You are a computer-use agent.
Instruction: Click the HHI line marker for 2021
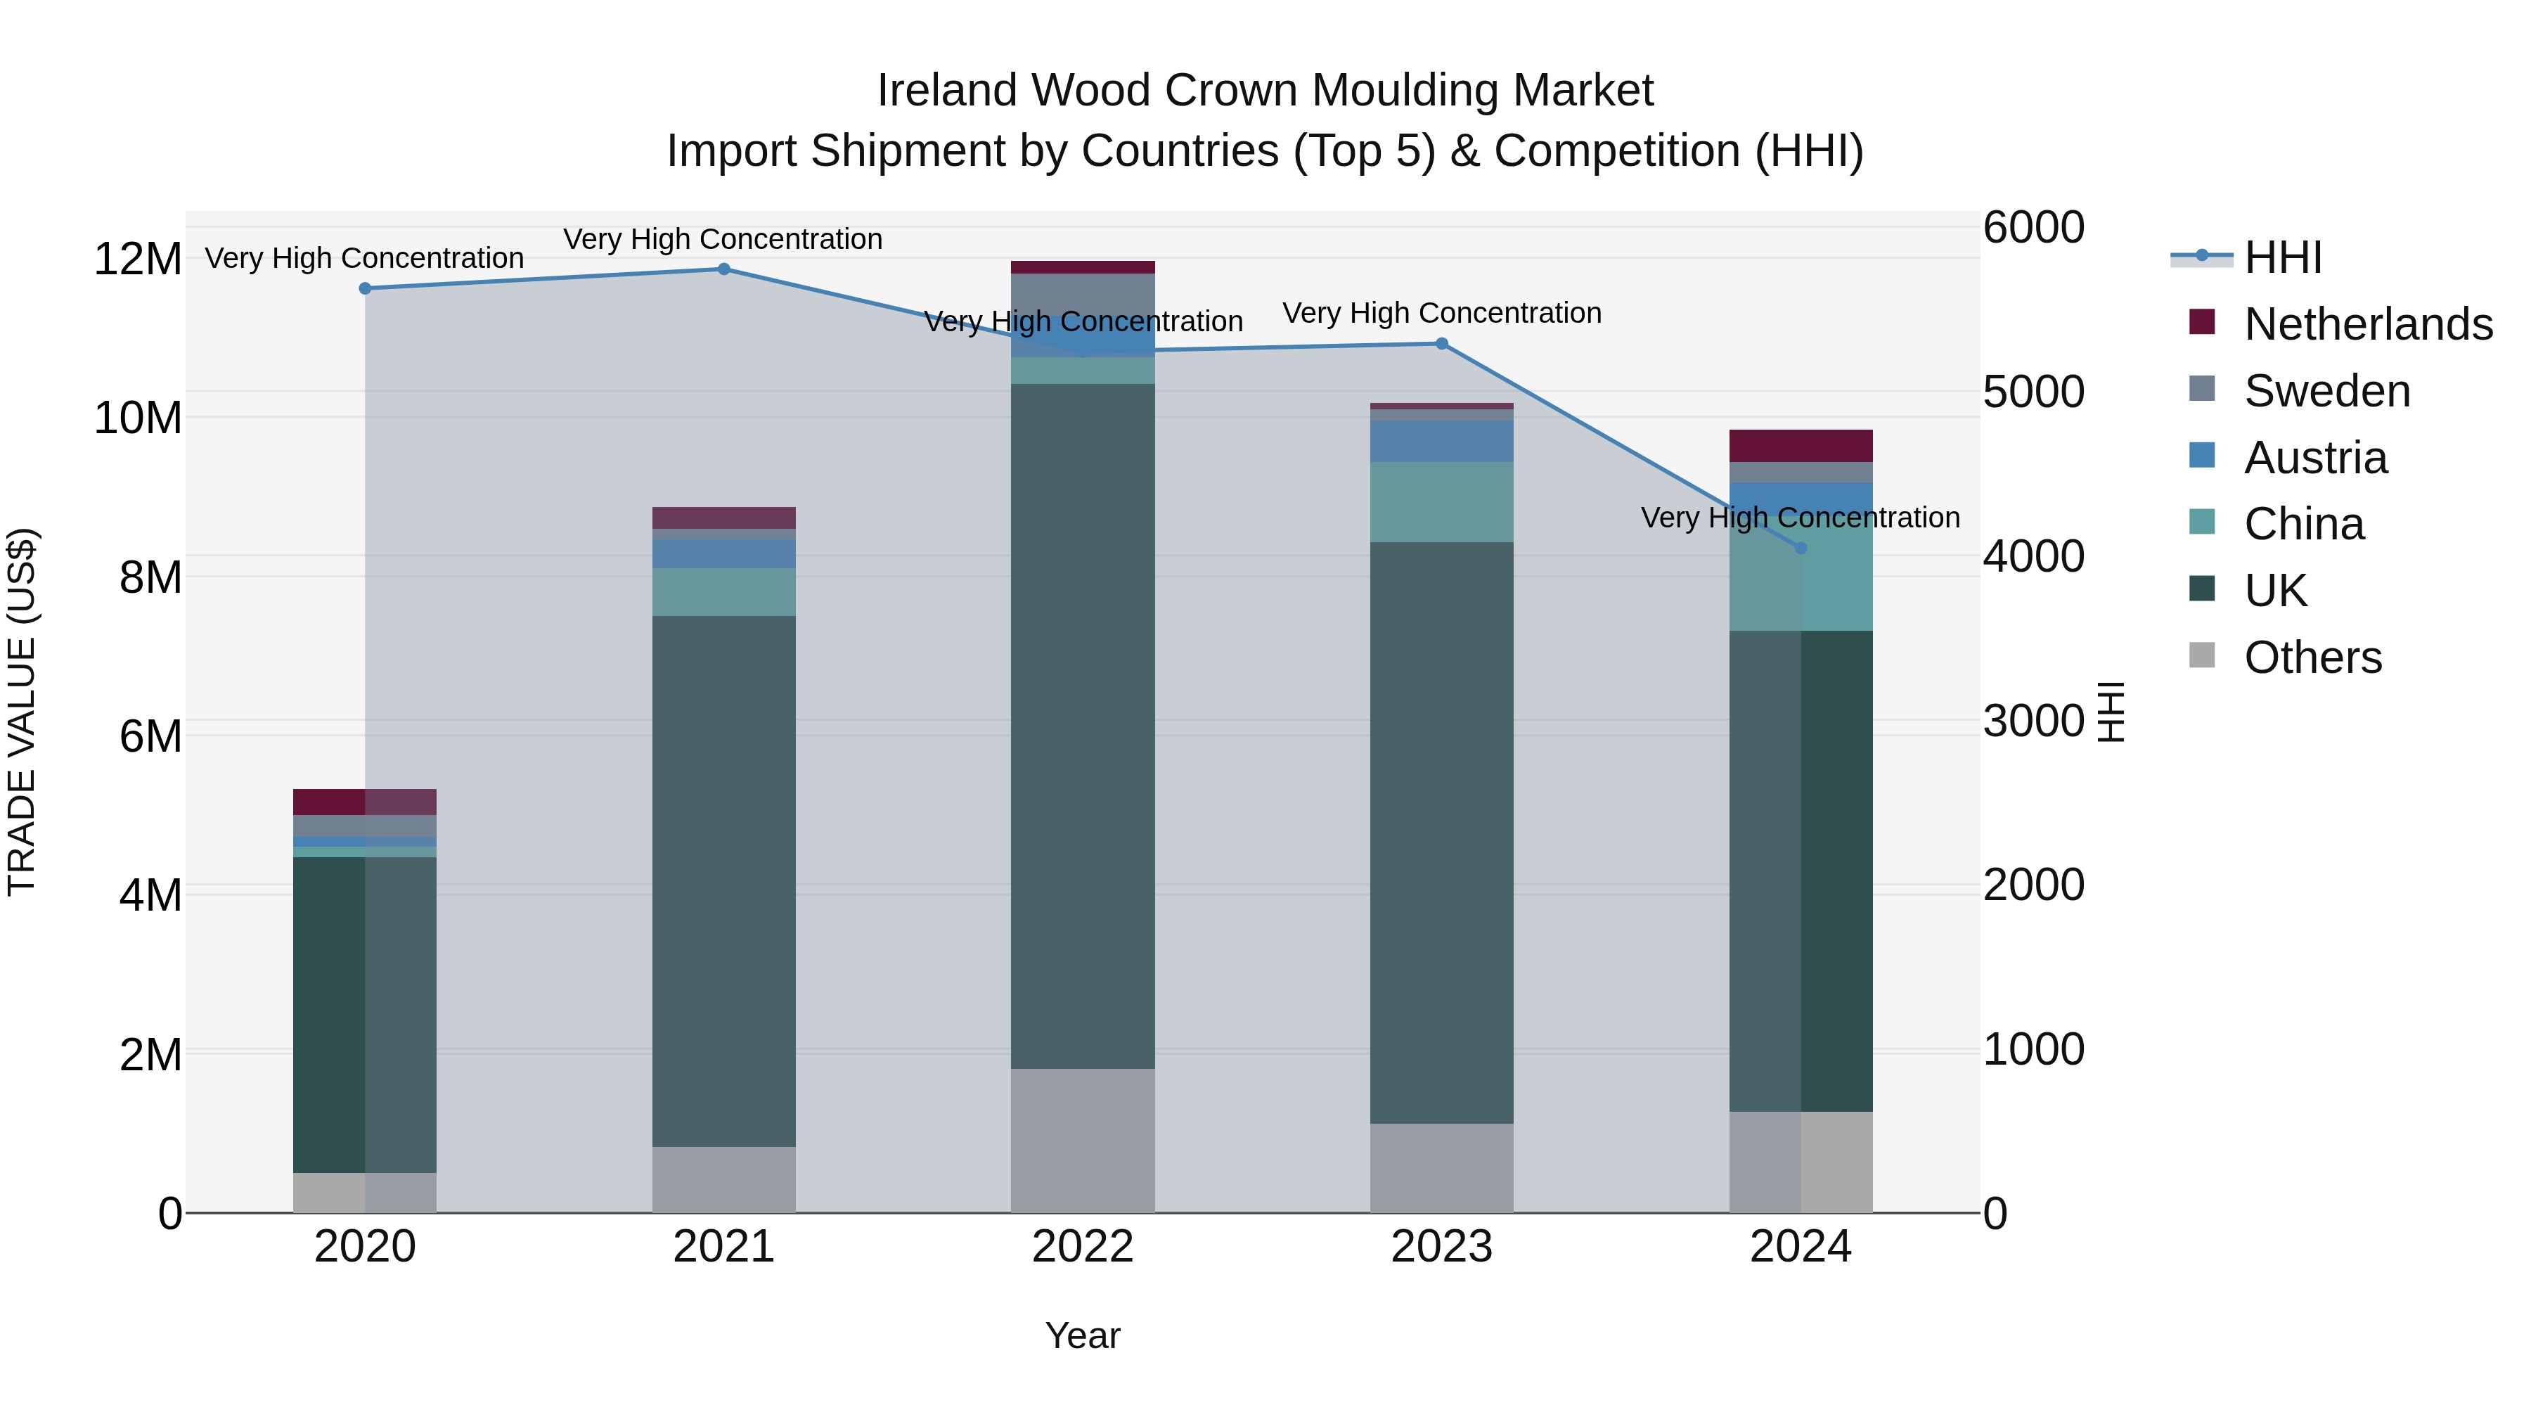[723, 269]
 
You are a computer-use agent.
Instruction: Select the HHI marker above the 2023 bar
[1441, 344]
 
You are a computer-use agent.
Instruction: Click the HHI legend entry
[2281, 257]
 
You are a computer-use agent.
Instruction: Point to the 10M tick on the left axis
[138, 418]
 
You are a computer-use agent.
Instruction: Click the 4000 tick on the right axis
[2033, 556]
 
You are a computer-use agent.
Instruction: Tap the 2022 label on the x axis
[1083, 1247]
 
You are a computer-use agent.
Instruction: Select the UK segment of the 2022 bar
[1083, 727]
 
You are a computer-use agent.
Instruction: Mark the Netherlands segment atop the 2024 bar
[1800, 446]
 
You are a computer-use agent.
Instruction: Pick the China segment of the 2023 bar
[1441, 502]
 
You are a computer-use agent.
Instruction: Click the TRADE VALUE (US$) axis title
[22, 712]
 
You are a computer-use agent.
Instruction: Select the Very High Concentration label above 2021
[723, 240]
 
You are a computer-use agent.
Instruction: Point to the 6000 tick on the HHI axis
[2033, 228]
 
